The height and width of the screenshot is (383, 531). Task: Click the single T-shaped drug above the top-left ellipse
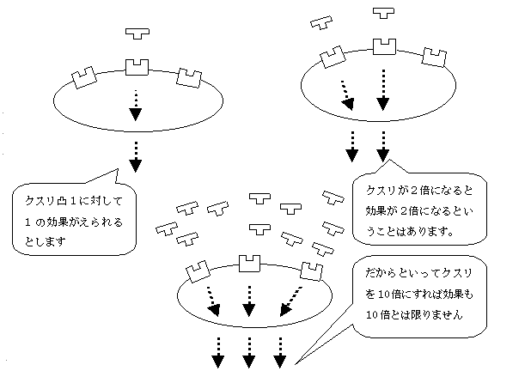coord(137,33)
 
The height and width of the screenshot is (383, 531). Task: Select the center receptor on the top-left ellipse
coord(137,65)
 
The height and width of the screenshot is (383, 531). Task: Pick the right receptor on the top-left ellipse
coord(189,77)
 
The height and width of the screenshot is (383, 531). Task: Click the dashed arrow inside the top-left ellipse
coord(135,104)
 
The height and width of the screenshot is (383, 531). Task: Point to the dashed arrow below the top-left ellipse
coord(135,153)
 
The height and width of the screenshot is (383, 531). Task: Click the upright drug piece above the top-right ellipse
coord(383,15)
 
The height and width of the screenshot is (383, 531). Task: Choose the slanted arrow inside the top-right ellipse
coord(347,94)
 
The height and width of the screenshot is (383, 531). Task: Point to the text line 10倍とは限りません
coord(415,315)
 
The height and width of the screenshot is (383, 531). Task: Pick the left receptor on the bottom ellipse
coord(198,271)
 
